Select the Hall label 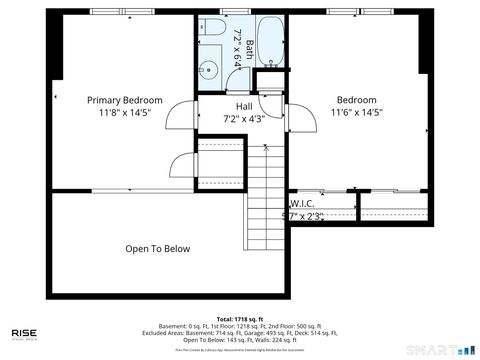(243, 106)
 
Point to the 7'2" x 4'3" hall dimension (243, 119)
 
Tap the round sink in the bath (209, 69)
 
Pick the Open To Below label (157, 249)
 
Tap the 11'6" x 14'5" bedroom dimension (356, 113)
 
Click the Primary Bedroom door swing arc (178, 117)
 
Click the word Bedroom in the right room (356, 99)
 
